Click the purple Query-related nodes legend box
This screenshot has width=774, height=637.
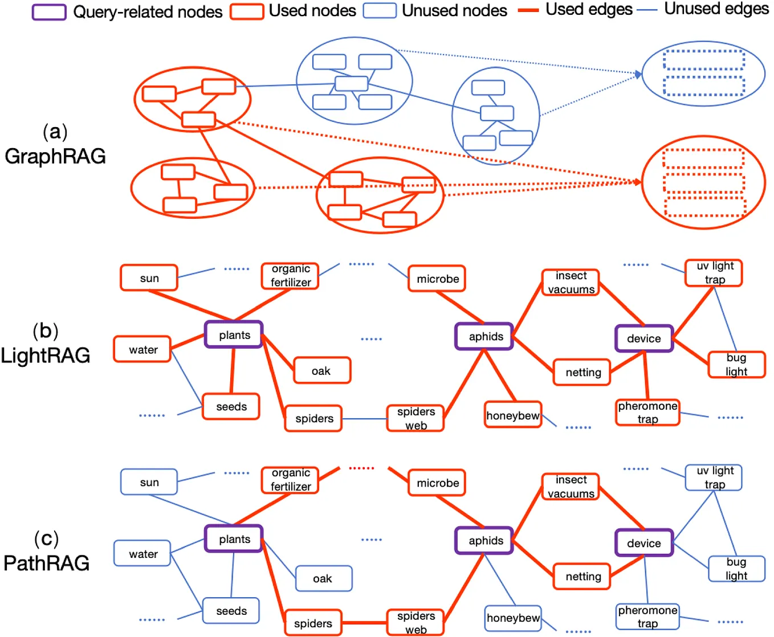[49, 12]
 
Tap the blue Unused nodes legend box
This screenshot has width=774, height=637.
[380, 11]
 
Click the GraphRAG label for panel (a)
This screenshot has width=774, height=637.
[55, 156]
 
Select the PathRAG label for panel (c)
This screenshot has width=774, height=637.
[47, 563]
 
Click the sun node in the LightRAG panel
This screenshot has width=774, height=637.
[149, 278]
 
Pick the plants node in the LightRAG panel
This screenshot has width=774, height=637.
[234, 335]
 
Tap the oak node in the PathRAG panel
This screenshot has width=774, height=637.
[323, 579]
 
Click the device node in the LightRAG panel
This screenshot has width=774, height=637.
[644, 338]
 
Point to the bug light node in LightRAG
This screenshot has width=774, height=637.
[736, 365]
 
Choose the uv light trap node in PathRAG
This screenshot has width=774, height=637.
[714, 478]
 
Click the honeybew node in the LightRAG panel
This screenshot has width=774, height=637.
[513, 415]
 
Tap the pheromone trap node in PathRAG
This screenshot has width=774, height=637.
[647, 617]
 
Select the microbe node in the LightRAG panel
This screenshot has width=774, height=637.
[437, 279]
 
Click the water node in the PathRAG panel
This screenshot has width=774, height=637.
[142, 554]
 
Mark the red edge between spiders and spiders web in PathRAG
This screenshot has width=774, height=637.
[365, 623]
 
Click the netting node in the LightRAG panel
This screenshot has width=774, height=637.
[582, 373]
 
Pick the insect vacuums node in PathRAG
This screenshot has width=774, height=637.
[571, 487]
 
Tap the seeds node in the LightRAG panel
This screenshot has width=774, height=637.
[231, 407]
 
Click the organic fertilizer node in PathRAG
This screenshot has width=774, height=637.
[290, 480]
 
